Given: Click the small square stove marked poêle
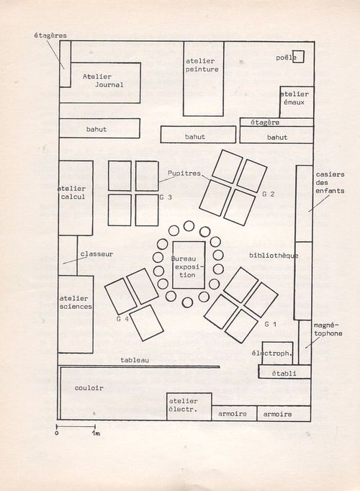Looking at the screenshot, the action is pos(298,56).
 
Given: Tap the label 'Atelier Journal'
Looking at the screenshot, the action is pos(103,81).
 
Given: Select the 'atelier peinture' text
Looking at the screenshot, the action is pos(202,65).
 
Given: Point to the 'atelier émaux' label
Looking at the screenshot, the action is pos(294,98).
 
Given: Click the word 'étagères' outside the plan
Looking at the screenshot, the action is pos(50,35).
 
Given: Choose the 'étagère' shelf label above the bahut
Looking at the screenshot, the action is pos(265,122).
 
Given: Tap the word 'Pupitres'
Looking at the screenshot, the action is pos(184,174).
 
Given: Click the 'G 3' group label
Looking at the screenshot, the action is pos(166,197).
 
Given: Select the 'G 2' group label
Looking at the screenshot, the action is pos(269,194).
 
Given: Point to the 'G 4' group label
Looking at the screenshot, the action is pos(122,319).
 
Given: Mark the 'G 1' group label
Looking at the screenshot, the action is pos(271,324).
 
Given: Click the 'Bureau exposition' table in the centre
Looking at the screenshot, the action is pos(189,265).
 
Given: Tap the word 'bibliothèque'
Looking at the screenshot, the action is pos(274,256).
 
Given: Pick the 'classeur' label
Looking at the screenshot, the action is pos(96,254).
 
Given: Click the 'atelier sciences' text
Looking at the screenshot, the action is pos(76,302).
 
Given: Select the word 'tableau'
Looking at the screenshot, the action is pos(135,360).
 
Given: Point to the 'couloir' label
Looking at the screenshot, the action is pos(89,387).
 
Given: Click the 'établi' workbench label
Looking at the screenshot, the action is pos(284,373).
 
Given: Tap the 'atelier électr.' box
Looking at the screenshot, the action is pos(189,407).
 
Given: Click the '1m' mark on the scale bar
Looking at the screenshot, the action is pos(96,433).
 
